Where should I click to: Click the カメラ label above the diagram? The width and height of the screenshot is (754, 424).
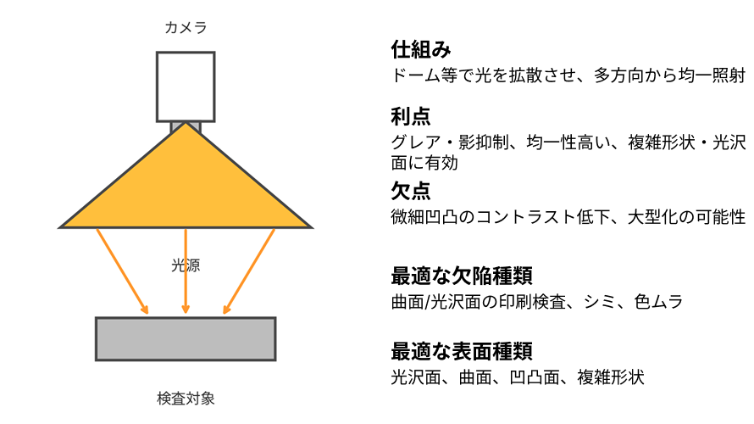tap(186, 27)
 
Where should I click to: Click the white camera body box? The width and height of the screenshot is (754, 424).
tap(186, 86)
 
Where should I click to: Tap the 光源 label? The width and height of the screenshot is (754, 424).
tap(186, 265)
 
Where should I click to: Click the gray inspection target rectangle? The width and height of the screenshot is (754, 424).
tap(186, 339)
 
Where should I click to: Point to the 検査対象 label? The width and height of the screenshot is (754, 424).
tap(186, 399)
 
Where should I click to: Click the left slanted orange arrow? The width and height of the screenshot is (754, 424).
tap(122, 271)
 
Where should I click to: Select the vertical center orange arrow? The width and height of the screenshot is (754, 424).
tap(186, 271)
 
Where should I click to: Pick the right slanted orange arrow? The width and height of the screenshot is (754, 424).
tap(249, 271)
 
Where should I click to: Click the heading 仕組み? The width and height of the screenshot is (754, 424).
tap(421, 49)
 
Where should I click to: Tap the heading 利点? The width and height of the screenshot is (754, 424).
tap(411, 116)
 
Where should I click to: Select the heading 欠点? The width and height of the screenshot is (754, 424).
tap(411, 191)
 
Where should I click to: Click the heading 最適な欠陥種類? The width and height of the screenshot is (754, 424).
tap(462, 276)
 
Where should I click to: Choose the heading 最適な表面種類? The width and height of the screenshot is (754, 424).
tap(462, 351)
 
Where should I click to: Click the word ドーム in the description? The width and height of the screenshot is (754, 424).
tap(415, 75)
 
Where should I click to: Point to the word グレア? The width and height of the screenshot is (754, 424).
tap(415, 142)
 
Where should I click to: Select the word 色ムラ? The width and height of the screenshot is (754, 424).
tap(658, 302)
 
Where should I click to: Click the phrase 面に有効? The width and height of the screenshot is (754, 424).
tap(424, 163)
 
